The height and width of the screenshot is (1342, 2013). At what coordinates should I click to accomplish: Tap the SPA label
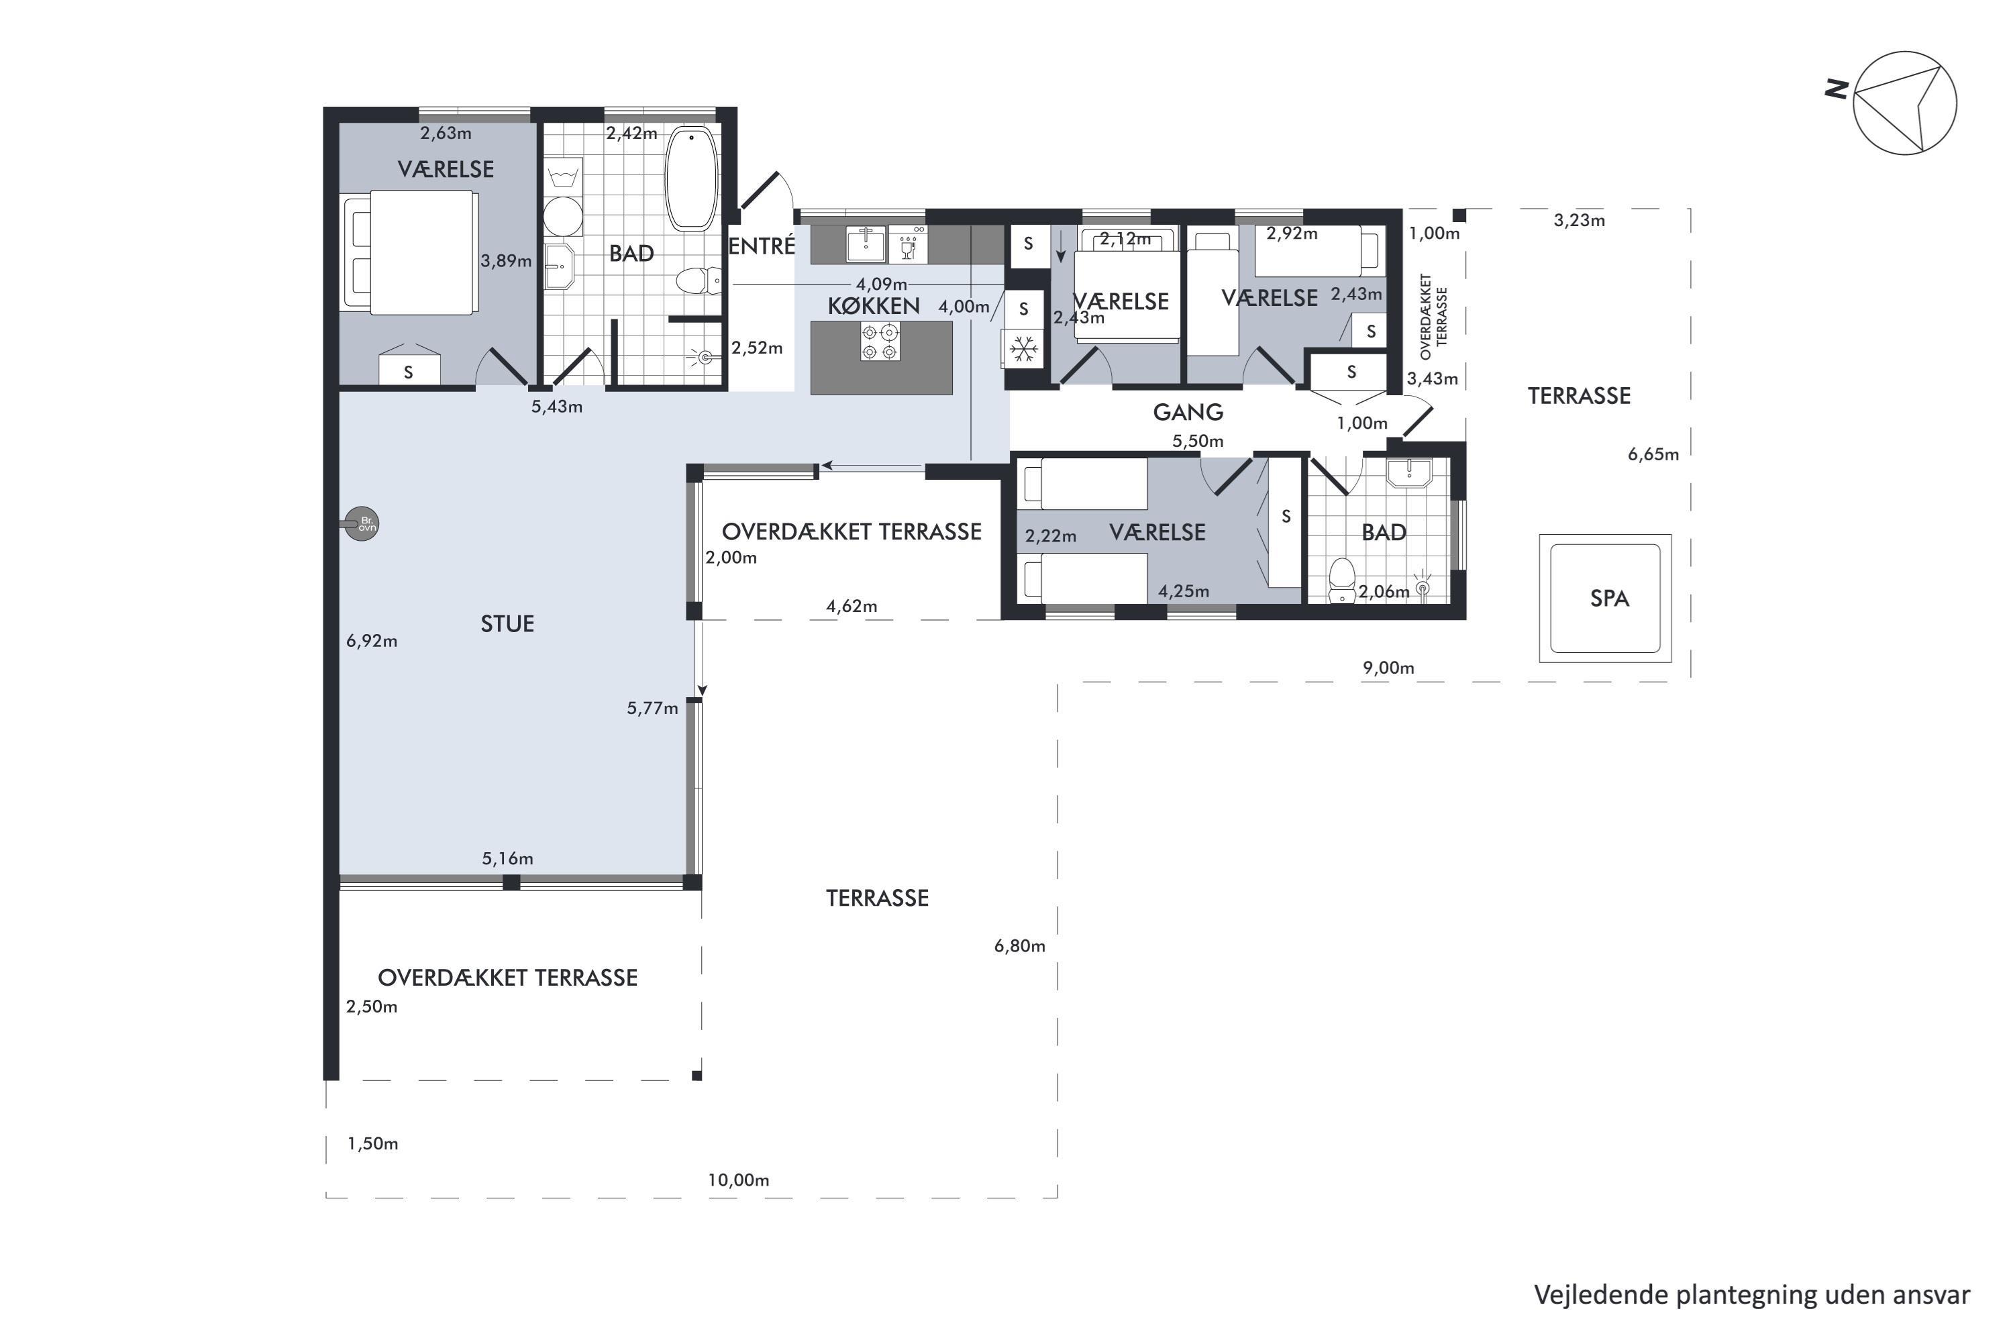tap(1609, 599)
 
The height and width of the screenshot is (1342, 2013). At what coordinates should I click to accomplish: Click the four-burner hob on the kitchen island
tap(880, 342)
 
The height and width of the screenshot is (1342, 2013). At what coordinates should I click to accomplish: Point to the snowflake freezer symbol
tap(1025, 348)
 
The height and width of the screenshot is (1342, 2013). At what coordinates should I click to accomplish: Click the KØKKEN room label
tap(873, 305)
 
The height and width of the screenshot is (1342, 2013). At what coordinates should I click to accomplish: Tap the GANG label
tap(1188, 413)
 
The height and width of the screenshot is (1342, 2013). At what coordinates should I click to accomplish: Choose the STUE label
tap(507, 624)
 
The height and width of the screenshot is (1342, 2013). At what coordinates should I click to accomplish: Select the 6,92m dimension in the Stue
tap(372, 641)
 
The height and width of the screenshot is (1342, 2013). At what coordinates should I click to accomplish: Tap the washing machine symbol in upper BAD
tap(562, 177)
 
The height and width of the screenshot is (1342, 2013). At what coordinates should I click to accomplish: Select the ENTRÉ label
tap(762, 246)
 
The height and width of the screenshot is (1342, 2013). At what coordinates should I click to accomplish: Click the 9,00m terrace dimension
tap(1388, 668)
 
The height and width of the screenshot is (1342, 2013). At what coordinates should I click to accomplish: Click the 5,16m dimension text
tap(507, 858)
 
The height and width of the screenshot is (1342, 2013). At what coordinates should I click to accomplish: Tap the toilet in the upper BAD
tap(699, 280)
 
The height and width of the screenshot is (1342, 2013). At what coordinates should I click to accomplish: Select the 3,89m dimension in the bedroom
tap(506, 261)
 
